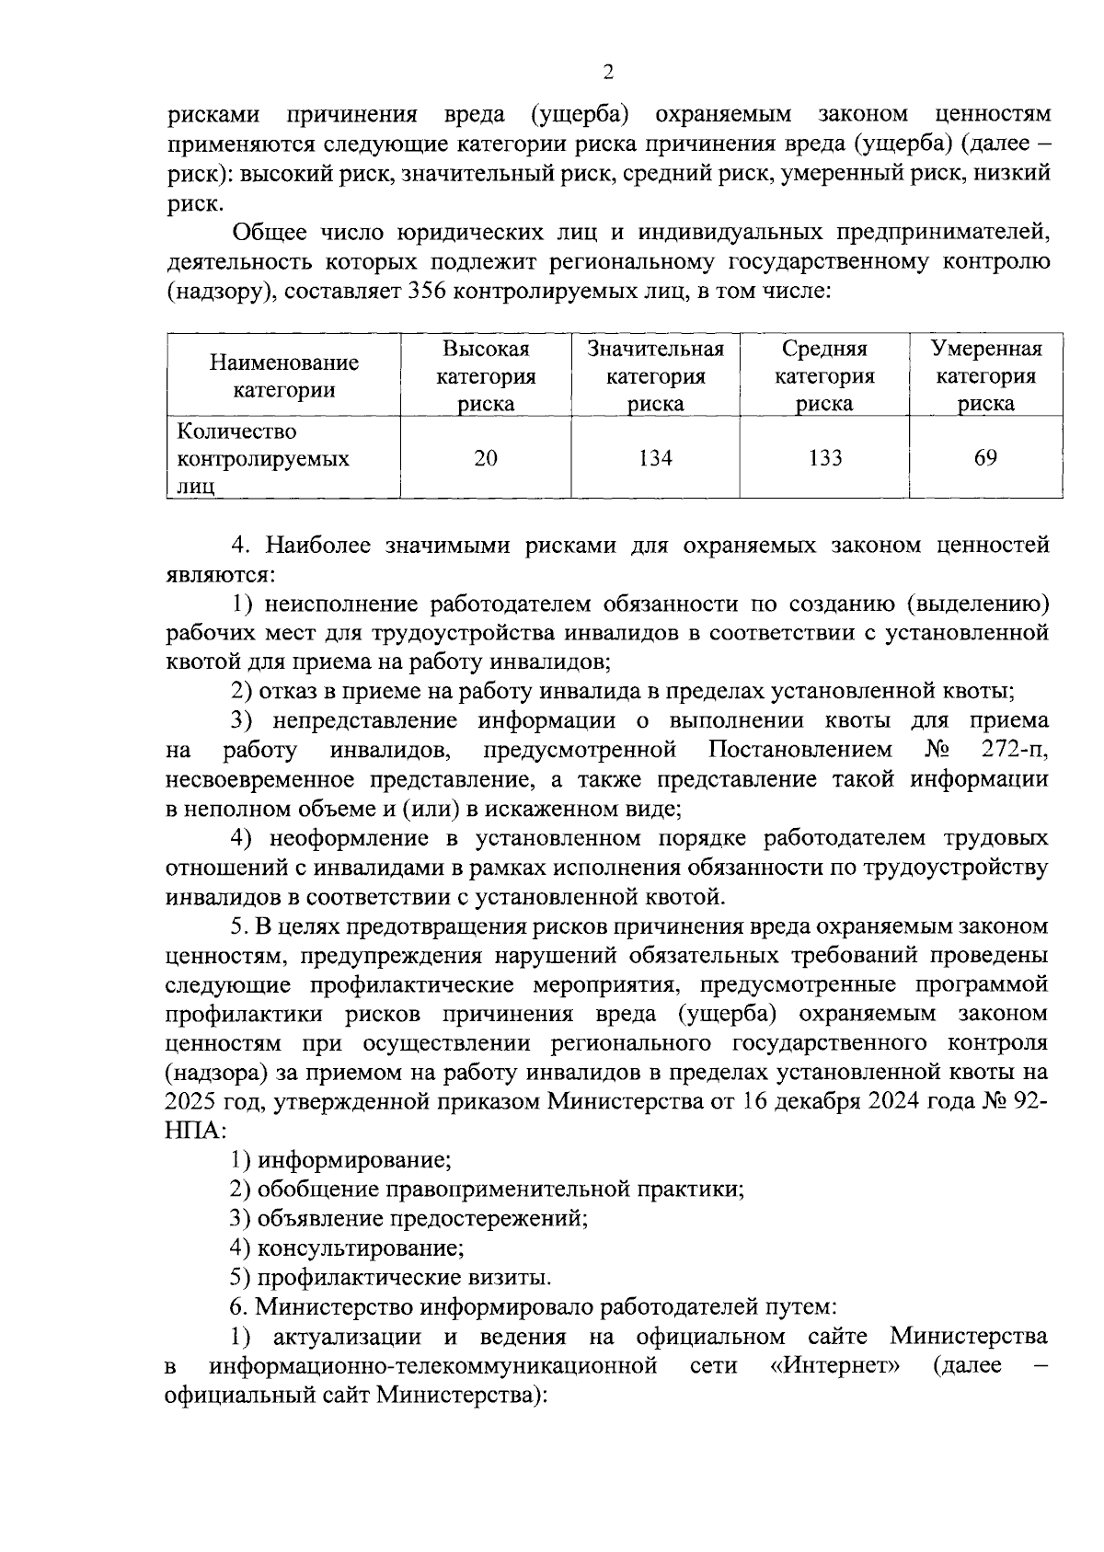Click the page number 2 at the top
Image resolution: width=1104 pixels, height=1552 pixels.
(607, 73)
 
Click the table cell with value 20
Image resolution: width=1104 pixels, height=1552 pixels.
(485, 458)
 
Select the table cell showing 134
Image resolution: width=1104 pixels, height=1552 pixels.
(655, 458)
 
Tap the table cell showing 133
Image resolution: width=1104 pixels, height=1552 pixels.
(824, 458)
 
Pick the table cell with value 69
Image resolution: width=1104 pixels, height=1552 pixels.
(985, 458)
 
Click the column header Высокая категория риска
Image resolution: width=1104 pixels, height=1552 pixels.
(485, 376)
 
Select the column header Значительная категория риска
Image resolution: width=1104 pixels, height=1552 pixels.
(655, 376)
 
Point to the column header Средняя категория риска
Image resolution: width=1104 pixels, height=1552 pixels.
(824, 376)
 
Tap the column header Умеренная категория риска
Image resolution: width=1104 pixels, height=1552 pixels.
(985, 376)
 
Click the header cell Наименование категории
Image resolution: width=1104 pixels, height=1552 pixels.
(283, 376)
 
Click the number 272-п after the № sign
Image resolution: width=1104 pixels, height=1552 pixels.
(1014, 750)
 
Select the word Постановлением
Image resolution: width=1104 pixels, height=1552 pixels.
(800, 750)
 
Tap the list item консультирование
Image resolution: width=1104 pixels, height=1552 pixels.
(360, 1248)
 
